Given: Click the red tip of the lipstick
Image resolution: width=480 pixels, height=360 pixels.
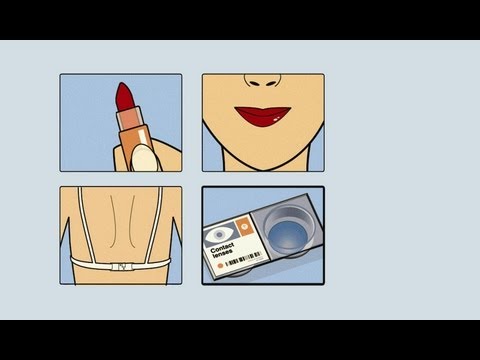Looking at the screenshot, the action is pos(125,96).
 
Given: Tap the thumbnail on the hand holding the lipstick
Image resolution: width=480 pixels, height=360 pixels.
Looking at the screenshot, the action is pos(145,157).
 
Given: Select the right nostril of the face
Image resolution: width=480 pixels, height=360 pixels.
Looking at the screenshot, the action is pos(271,83).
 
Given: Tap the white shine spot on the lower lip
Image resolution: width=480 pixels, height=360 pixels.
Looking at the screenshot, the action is pos(276,119).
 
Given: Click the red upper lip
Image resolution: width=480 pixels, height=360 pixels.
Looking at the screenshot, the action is pos(263,110).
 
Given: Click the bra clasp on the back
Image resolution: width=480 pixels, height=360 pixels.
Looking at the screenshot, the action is pos(122,267).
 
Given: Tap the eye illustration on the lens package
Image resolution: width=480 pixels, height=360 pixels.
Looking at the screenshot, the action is pos(219,235).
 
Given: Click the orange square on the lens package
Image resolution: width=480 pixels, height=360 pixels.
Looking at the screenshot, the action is pos(243,225).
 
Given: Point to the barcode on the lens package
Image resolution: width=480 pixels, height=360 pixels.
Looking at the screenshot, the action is pos(243,260).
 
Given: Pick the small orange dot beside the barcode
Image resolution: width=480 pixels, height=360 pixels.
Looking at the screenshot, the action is pos(220,266).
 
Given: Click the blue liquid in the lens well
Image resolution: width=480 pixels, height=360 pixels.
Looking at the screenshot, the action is pos(287,236).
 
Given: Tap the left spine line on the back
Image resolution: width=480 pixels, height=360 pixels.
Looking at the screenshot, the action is pos(113,221).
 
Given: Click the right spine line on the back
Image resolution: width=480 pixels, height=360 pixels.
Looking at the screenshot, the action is pos(132,221).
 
